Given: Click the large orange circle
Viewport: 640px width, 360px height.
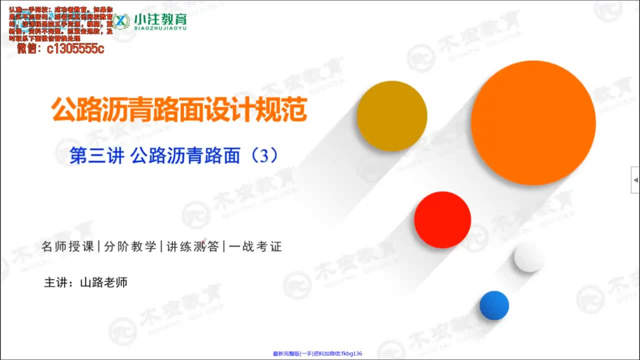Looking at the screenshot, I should (533, 123).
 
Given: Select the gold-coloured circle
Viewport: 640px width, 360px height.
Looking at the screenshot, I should (392, 116).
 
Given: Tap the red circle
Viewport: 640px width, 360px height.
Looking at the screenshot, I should (442, 220).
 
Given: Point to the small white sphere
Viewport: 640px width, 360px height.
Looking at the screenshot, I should (529, 257).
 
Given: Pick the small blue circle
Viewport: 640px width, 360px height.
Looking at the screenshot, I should (494, 305).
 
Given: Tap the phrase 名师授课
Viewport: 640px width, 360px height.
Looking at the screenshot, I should (68, 246).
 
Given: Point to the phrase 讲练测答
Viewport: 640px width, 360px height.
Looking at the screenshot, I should (192, 246).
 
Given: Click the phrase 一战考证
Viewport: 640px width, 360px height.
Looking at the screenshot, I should (255, 246).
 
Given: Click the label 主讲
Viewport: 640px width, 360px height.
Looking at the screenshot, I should (55, 282).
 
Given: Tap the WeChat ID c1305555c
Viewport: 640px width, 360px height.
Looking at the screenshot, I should (75, 48).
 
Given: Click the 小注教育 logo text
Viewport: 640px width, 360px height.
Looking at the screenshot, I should (160, 19).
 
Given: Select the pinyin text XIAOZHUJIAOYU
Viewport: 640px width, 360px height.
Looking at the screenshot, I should (160, 29).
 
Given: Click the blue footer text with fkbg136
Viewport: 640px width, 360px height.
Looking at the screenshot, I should (317, 353).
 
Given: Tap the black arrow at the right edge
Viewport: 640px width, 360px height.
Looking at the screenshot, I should (635, 179).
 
